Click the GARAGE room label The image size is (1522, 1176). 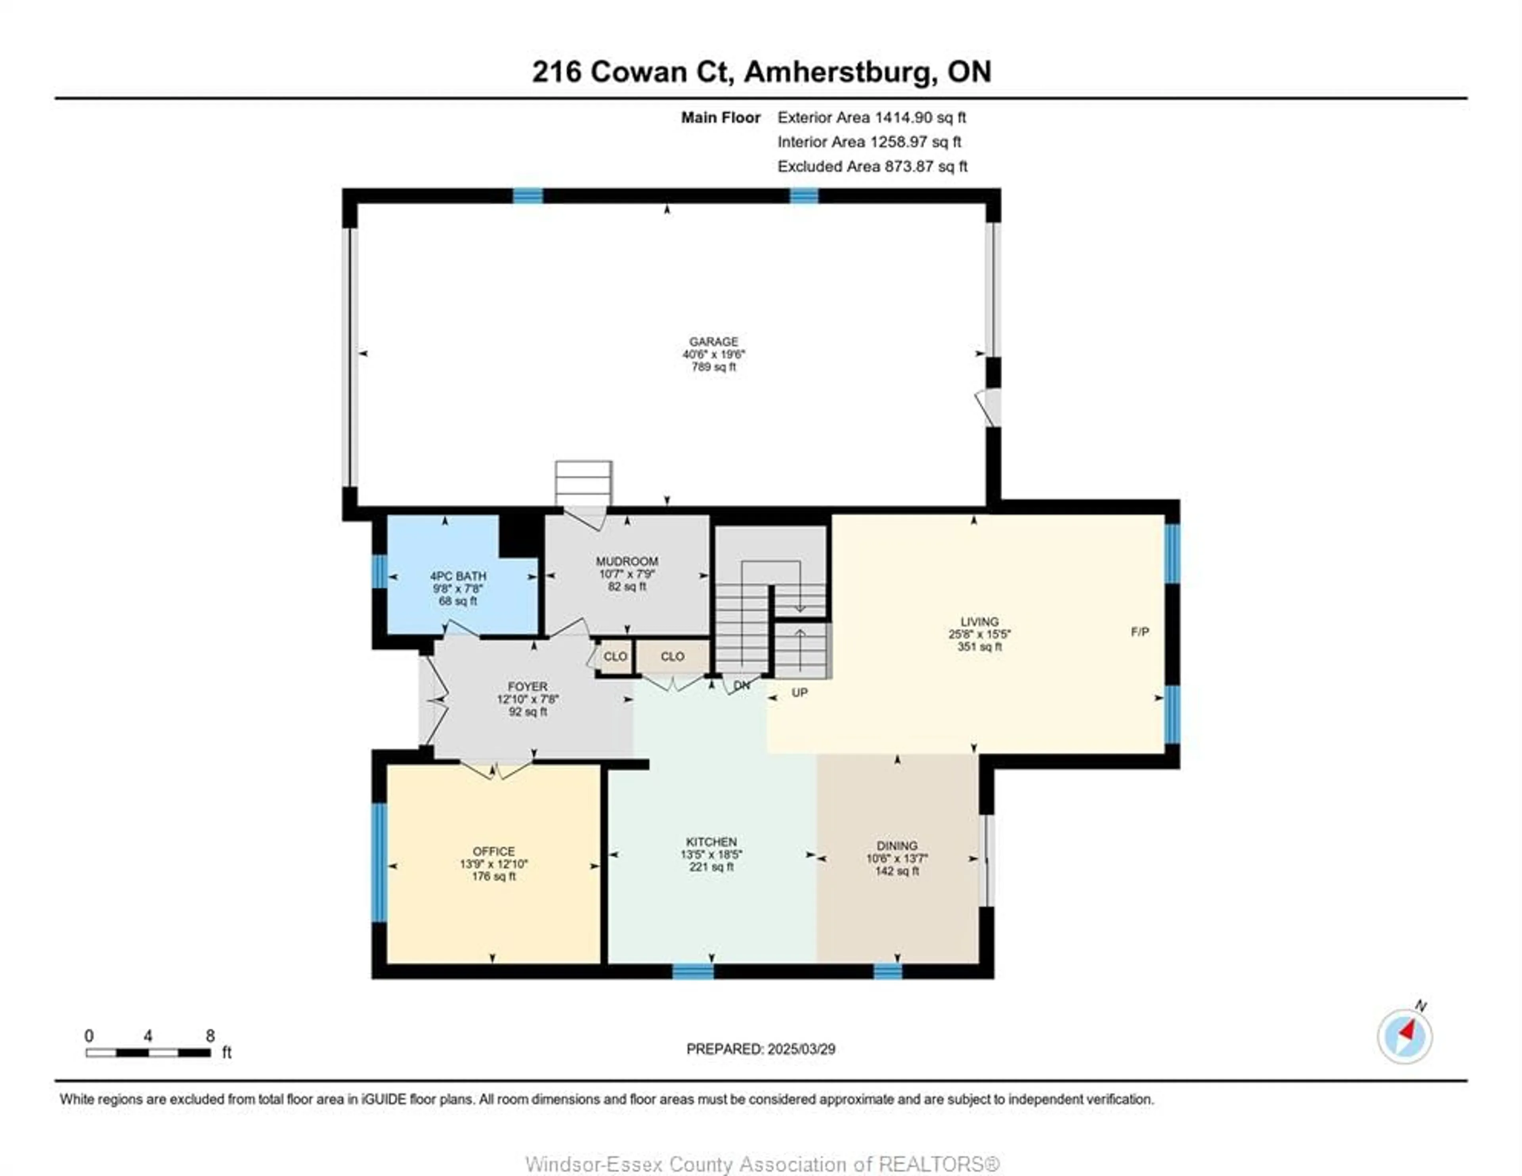[713, 342]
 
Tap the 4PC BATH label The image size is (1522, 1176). [458, 576]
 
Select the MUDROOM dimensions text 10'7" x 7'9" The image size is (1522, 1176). [627, 574]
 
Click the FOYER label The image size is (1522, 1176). [528, 686]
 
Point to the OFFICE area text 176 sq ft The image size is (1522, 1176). [493, 876]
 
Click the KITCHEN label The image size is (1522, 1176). [711, 841]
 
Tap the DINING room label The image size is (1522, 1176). [897, 845]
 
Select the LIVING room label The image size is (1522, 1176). [979, 621]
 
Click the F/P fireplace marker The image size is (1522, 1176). [1140, 631]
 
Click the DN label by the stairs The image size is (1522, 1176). [742, 685]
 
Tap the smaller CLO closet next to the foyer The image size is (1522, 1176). [615, 657]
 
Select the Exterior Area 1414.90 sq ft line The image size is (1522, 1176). [871, 117]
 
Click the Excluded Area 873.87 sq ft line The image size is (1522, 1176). [872, 166]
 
